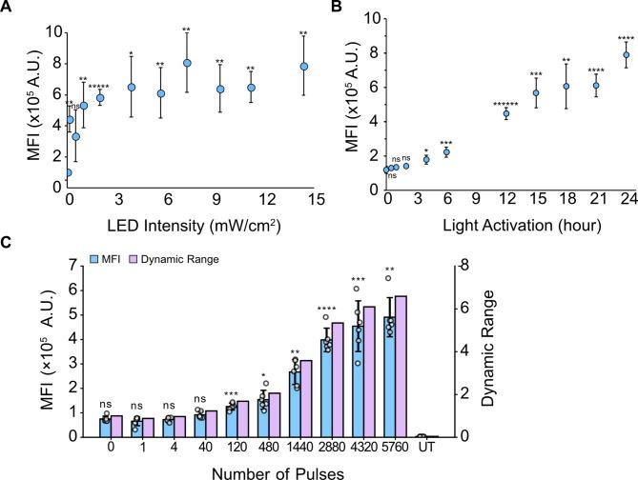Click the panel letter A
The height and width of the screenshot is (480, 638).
pos(9,9)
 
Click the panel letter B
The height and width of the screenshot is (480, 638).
pos(335,9)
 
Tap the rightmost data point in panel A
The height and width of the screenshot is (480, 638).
pos(303,67)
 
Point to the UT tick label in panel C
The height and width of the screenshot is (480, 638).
pos(425,449)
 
